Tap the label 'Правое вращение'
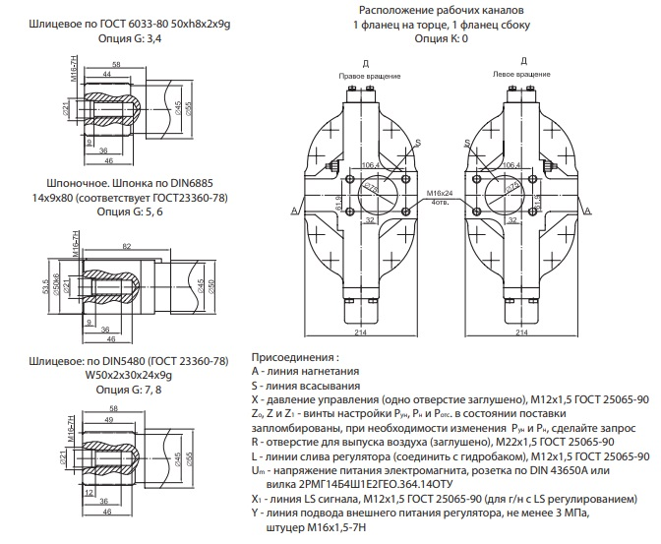click(x=365, y=75)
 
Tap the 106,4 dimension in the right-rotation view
click(x=370, y=164)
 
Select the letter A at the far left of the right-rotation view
click(x=294, y=211)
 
